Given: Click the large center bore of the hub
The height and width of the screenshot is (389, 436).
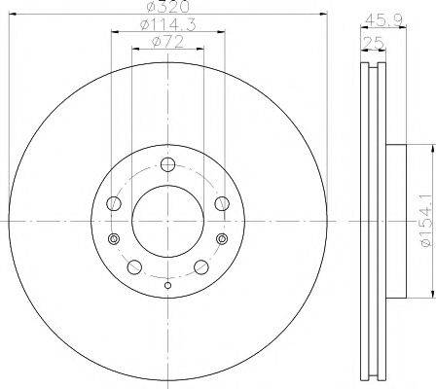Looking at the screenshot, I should point(167,215).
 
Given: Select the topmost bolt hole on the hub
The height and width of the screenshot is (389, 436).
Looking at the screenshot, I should point(167,163).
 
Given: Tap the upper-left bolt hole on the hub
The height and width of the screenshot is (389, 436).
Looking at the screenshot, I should point(115,202).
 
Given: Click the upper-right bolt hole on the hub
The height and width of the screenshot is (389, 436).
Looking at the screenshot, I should point(220,202).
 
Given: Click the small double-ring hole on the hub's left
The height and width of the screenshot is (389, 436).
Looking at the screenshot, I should point(114,239).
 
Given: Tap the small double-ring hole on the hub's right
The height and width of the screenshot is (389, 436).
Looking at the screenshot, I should point(222,239).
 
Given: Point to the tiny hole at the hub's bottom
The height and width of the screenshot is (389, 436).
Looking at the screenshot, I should point(167,284).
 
